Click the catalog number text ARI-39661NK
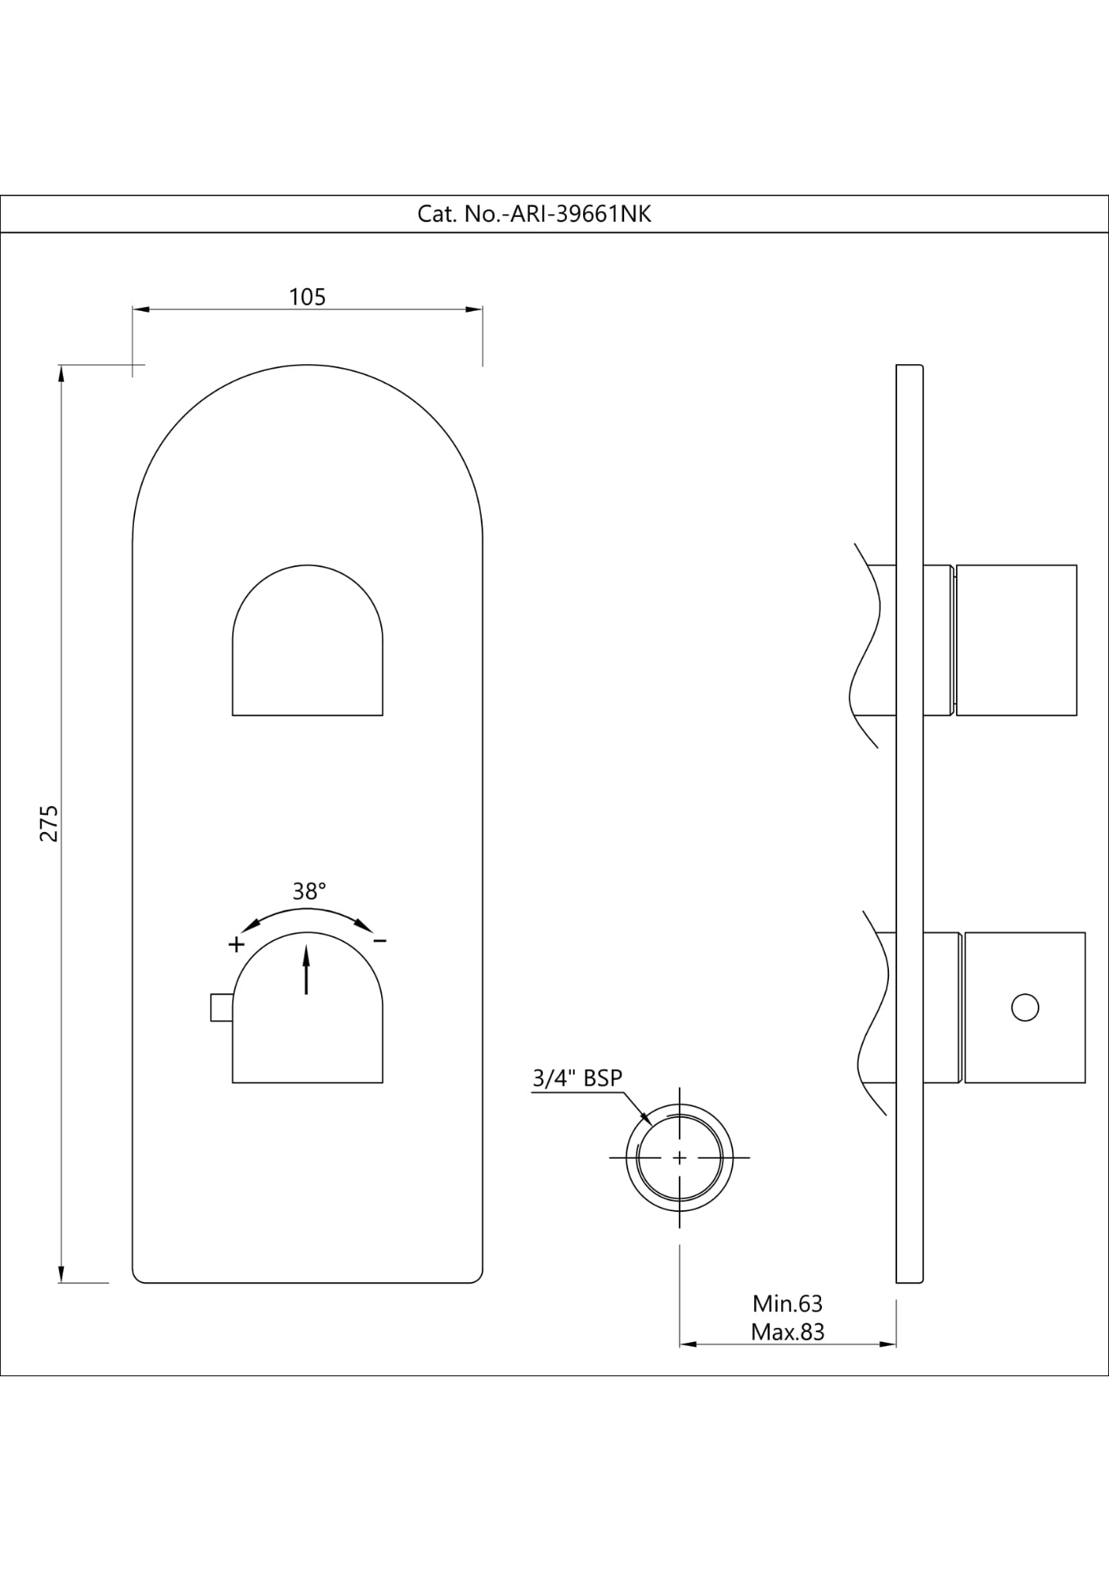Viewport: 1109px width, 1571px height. coord(534,214)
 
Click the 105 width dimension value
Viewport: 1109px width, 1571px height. coord(308,297)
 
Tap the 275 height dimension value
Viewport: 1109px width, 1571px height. coord(50,823)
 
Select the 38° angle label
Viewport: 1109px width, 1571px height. coord(309,891)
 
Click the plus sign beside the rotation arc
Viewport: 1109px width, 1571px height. coord(236,944)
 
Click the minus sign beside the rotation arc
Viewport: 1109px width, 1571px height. coord(379,942)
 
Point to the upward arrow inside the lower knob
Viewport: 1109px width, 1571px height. coord(307,969)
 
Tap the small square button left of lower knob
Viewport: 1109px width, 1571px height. coord(221,1007)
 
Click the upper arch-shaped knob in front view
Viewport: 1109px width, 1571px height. coord(308,646)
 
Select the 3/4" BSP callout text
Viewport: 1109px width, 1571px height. coord(577,1078)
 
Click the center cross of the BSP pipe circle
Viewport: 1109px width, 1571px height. coord(680,1158)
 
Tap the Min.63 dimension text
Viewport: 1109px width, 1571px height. coord(787,1303)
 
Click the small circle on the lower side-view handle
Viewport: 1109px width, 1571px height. coord(1025,1007)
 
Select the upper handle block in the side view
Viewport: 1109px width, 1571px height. coord(1016,640)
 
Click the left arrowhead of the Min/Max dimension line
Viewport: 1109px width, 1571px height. coord(687,1344)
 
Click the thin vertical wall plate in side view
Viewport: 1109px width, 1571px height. coord(909,818)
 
